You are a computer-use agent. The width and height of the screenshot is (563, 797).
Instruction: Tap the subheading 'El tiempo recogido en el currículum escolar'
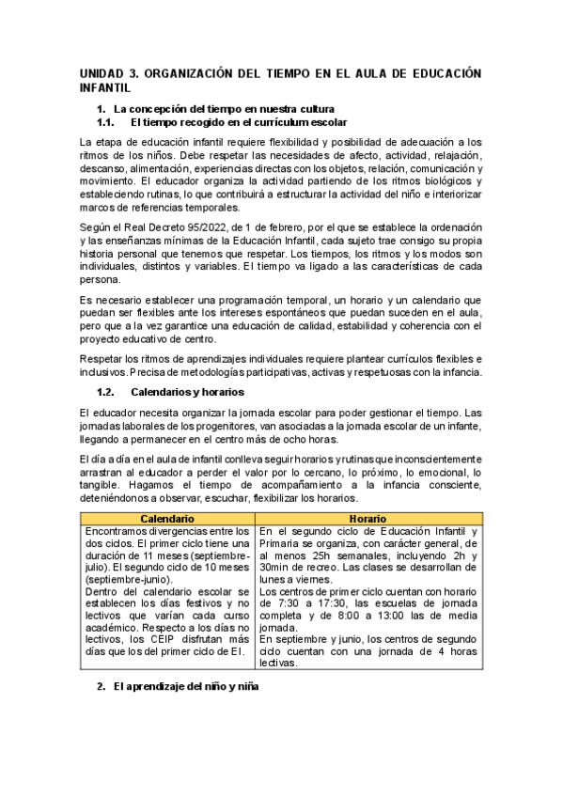tap(239, 122)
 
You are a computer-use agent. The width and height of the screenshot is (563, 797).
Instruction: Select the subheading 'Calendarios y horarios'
tap(187, 391)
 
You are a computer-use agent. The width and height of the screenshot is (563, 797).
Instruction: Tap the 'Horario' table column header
tap(368, 519)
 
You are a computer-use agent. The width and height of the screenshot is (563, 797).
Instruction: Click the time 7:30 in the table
tap(289, 604)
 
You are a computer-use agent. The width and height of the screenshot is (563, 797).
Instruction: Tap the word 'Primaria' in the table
tap(279, 543)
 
